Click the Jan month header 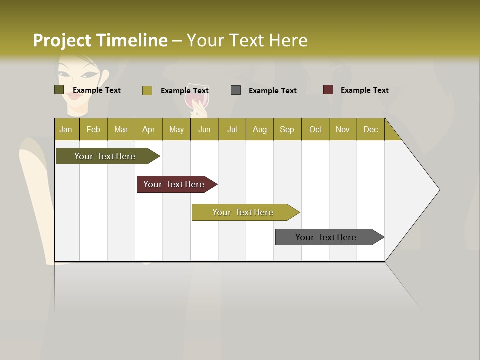point(66,129)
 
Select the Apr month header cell point(149,129)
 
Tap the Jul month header point(232,129)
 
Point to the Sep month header point(287,129)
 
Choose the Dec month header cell point(371,129)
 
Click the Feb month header point(93,129)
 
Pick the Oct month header point(315,129)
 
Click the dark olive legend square point(59,90)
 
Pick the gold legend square point(147,90)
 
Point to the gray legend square point(236,90)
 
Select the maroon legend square point(328,90)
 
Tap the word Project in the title point(62,40)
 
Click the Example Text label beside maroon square point(364,90)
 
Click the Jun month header point(204,129)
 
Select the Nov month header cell point(343,129)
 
